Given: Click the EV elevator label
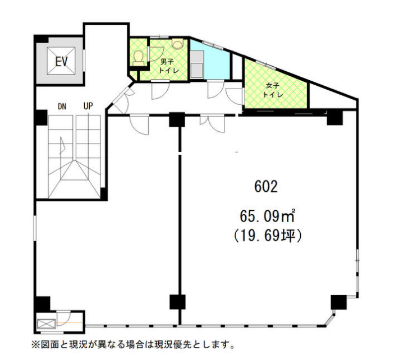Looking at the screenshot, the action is click(61, 61).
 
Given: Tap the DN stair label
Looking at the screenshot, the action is click(62, 107).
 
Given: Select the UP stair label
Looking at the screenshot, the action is click(88, 106).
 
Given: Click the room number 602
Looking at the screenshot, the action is click(266, 187).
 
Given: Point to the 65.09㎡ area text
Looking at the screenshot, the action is click(267, 216).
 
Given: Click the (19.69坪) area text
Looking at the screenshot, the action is click(267, 236).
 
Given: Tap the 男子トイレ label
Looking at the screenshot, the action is click(169, 66).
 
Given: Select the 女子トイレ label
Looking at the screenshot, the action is click(272, 90).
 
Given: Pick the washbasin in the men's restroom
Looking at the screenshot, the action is click(177, 43).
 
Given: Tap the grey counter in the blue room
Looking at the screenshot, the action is click(196, 64).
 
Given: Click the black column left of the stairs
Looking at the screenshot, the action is click(42, 118).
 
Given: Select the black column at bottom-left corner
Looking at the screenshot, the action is click(43, 304).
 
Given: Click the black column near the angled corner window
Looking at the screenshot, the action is click(338, 302).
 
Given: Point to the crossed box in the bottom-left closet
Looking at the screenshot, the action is click(47, 324).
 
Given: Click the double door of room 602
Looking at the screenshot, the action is click(212, 123).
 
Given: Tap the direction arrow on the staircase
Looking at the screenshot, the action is click(62, 145).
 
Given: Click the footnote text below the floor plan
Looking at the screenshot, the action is click(133, 344).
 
